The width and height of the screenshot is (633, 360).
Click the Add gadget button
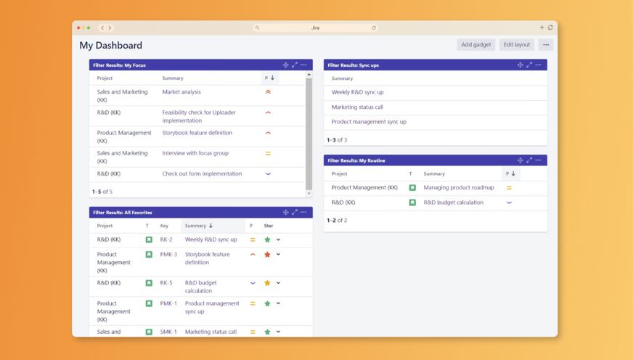(x=476, y=45)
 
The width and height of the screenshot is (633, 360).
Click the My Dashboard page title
(x=111, y=45)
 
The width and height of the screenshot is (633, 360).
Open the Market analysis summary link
(x=181, y=92)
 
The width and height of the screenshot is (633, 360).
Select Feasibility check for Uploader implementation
(x=198, y=116)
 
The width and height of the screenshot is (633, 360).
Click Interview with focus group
(x=195, y=153)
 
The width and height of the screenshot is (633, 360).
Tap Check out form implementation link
(x=201, y=174)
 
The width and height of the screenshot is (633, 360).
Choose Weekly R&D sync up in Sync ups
(x=358, y=92)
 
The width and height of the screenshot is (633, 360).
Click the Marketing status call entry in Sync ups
(x=357, y=107)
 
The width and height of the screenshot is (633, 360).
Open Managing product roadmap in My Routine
(x=459, y=187)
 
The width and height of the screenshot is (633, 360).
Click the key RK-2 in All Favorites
(x=166, y=240)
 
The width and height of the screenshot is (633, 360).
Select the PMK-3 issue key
(x=168, y=255)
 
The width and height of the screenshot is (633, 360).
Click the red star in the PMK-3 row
(x=267, y=255)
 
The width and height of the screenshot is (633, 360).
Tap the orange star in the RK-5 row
(x=267, y=283)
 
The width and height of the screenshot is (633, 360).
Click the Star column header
(x=269, y=226)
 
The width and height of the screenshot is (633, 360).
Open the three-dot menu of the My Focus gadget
(x=303, y=65)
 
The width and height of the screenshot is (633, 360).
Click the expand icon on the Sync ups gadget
(x=529, y=65)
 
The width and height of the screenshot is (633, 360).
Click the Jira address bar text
(x=315, y=28)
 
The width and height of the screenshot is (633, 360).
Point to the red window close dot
(x=78, y=28)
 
